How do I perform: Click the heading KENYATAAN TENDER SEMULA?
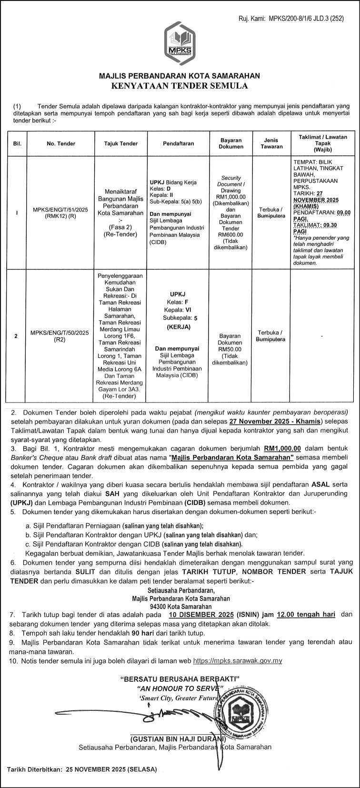[x=180, y=86]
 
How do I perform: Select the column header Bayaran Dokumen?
[x=231, y=143]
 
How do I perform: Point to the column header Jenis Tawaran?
[x=271, y=143]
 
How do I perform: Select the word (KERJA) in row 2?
[x=178, y=327]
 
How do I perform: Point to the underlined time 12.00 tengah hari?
[x=306, y=615]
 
